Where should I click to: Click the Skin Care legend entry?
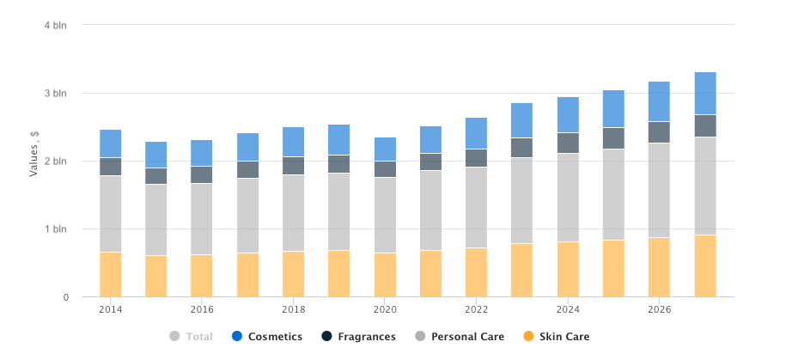point(564,337)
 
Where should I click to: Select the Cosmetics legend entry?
point(275,337)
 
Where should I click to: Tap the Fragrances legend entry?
point(366,337)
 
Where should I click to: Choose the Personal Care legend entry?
point(467,337)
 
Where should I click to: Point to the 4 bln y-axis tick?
point(55,25)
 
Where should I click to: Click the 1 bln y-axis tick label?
point(55,229)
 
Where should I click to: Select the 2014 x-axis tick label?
point(110,309)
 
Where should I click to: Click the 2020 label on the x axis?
point(385,309)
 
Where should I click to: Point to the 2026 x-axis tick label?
point(659,309)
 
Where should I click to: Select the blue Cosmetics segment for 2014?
point(110,143)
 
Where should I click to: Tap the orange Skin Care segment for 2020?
point(385,275)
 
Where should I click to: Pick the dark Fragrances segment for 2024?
point(568,143)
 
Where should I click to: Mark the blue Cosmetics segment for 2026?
point(659,101)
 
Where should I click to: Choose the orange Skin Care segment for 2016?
point(202,276)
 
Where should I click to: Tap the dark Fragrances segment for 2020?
point(385,169)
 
